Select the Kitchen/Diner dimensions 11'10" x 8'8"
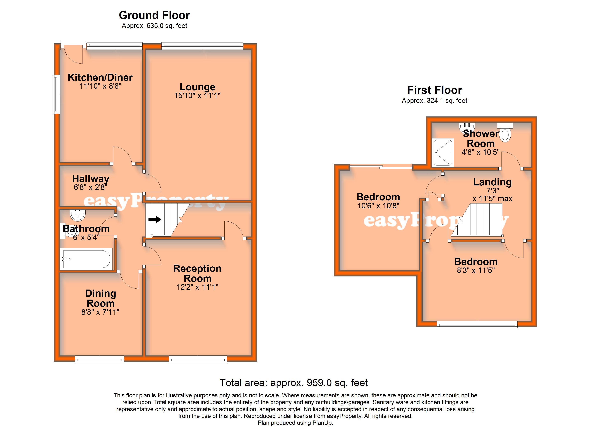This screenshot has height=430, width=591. (x=100, y=86)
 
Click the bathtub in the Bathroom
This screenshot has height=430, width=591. (x=87, y=259)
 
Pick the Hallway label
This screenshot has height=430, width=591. (x=91, y=179)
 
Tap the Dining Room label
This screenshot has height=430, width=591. (x=101, y=298)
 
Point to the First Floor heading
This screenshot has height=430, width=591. (x=435, y=90)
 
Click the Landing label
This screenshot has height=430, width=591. (x=492, y=182)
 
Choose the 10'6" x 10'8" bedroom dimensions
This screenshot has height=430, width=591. (x=378, y=206)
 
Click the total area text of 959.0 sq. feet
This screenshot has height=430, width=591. (x=294, y=383)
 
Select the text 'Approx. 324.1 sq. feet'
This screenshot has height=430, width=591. (x=435, y=101)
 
